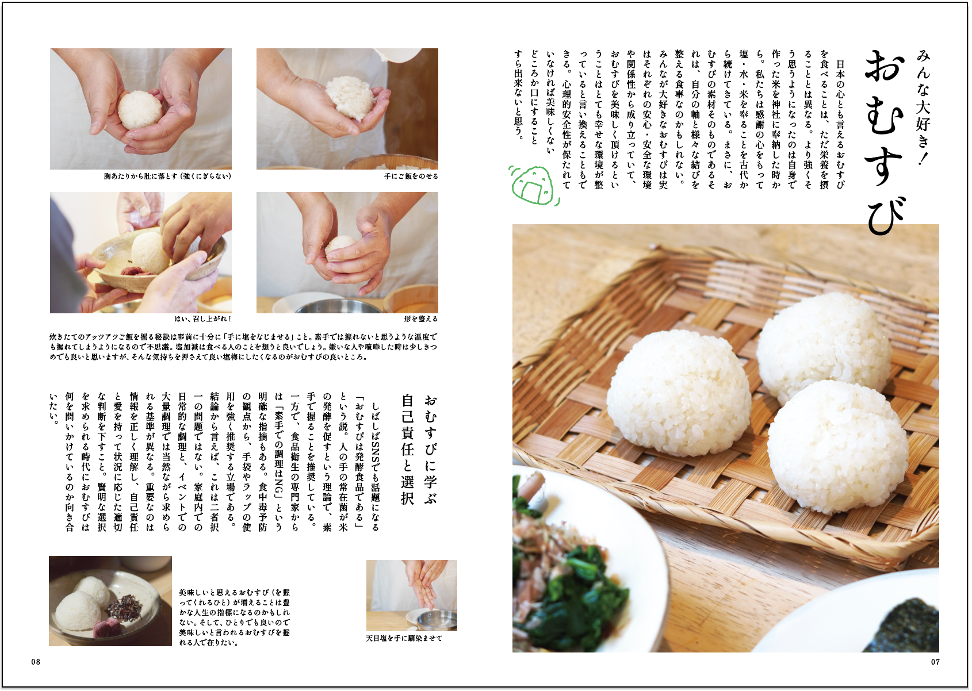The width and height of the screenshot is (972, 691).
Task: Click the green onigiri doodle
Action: point(534,185)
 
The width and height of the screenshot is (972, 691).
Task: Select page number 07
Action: point(935,662)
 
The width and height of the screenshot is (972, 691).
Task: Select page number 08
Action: point(36,662)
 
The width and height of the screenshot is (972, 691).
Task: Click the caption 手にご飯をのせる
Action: point(411,176)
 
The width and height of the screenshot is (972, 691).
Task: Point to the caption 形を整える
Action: point(420,319)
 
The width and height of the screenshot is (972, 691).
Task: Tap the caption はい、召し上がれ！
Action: point(202,319)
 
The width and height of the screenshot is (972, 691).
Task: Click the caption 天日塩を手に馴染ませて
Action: point(404,639)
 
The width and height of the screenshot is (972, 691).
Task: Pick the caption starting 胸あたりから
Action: point(167,176)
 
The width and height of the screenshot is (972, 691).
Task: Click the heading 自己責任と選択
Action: point(407,449)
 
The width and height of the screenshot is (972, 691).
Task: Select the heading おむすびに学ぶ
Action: point(430,449)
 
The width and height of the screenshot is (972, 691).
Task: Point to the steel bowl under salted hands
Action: point(437,620)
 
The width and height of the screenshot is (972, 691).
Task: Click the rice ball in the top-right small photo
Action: point(350,98)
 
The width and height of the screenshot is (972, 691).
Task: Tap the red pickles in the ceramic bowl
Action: point(135,271)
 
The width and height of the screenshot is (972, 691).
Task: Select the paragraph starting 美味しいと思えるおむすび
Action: point(234,617)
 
